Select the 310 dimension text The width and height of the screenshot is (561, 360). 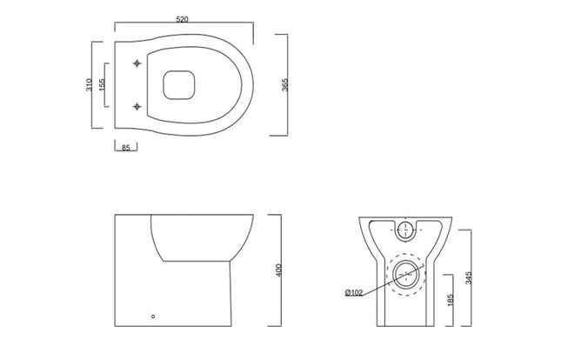(90, 84)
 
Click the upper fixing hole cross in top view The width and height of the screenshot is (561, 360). (137, 63)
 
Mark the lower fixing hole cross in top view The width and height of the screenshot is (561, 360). (137, 106)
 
